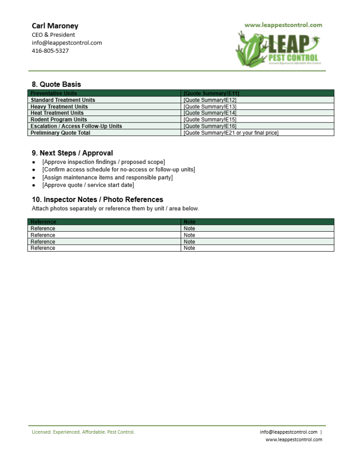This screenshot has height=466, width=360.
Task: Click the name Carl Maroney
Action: click(x=55, y=26)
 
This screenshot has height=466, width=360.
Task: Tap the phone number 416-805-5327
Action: click(x=50, y=51)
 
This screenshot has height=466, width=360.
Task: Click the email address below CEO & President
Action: click(x=66, y=43)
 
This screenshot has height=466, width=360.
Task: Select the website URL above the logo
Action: click(x=283, y=25)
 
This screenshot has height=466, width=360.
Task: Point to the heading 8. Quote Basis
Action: click(x=56, y=84)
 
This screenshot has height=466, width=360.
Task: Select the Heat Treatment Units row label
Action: click(x=57, y=113)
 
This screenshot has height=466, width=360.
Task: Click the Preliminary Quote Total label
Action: click(x=60, y=133)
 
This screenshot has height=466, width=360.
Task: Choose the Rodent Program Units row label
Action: click(x=59, y=120)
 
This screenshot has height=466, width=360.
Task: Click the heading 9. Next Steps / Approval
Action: click(x=72, y=153)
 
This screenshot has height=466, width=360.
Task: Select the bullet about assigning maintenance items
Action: click(x=107, y=177)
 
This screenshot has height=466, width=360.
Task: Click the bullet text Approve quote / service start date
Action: click(x=88, y=185)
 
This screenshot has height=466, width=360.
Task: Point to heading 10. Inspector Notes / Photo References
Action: click(x=97, y=199)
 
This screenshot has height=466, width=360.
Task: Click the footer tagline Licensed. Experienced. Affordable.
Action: click(x=83, y=432)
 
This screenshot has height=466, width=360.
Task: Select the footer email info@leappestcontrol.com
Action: click(x=289, y=432)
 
